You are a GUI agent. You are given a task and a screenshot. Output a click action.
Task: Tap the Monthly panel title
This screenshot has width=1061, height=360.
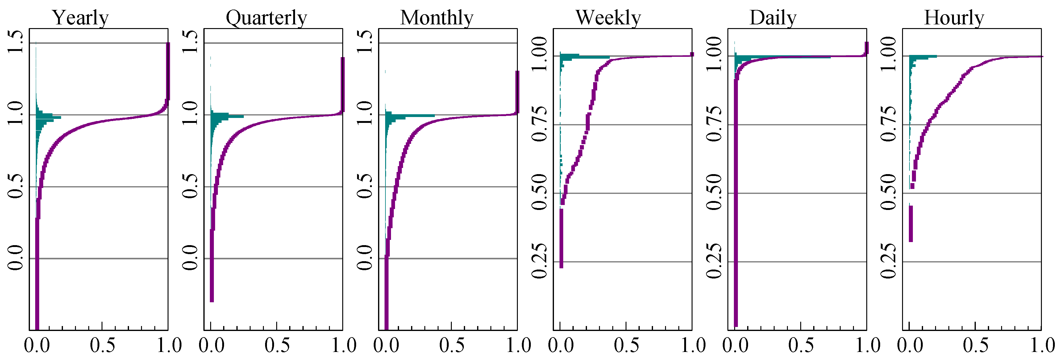[x=437, y=18]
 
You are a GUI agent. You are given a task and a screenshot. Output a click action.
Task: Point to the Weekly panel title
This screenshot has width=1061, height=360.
[x=608, y=18]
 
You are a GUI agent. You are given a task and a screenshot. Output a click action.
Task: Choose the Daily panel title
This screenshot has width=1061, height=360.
[x=773, y=18]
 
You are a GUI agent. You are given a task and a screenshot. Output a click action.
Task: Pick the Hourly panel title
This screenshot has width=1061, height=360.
[x=954, y=18]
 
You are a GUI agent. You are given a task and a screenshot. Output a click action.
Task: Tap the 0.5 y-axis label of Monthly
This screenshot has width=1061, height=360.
[x=365, y=186]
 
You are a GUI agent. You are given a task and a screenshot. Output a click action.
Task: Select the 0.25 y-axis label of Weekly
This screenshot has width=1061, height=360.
[x=539, y=261]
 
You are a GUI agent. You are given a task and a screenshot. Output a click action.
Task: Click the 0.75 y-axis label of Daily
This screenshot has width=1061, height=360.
[x=714, y=124]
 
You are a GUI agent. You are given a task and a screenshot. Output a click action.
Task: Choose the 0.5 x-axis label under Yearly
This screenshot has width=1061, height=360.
[x=102, y=345]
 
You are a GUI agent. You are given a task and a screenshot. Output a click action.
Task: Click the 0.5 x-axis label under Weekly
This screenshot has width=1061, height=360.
[x=626, y=345]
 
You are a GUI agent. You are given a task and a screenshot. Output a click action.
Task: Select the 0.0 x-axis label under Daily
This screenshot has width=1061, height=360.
[x=736, y=345]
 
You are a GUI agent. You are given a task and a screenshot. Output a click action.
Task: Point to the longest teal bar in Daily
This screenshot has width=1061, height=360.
[x=783, y=57]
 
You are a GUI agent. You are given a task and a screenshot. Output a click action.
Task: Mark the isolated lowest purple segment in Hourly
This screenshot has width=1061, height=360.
[x=911, y=224]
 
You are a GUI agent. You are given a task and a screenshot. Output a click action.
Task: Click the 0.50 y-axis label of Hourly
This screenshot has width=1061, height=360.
[x=889, y=192]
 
